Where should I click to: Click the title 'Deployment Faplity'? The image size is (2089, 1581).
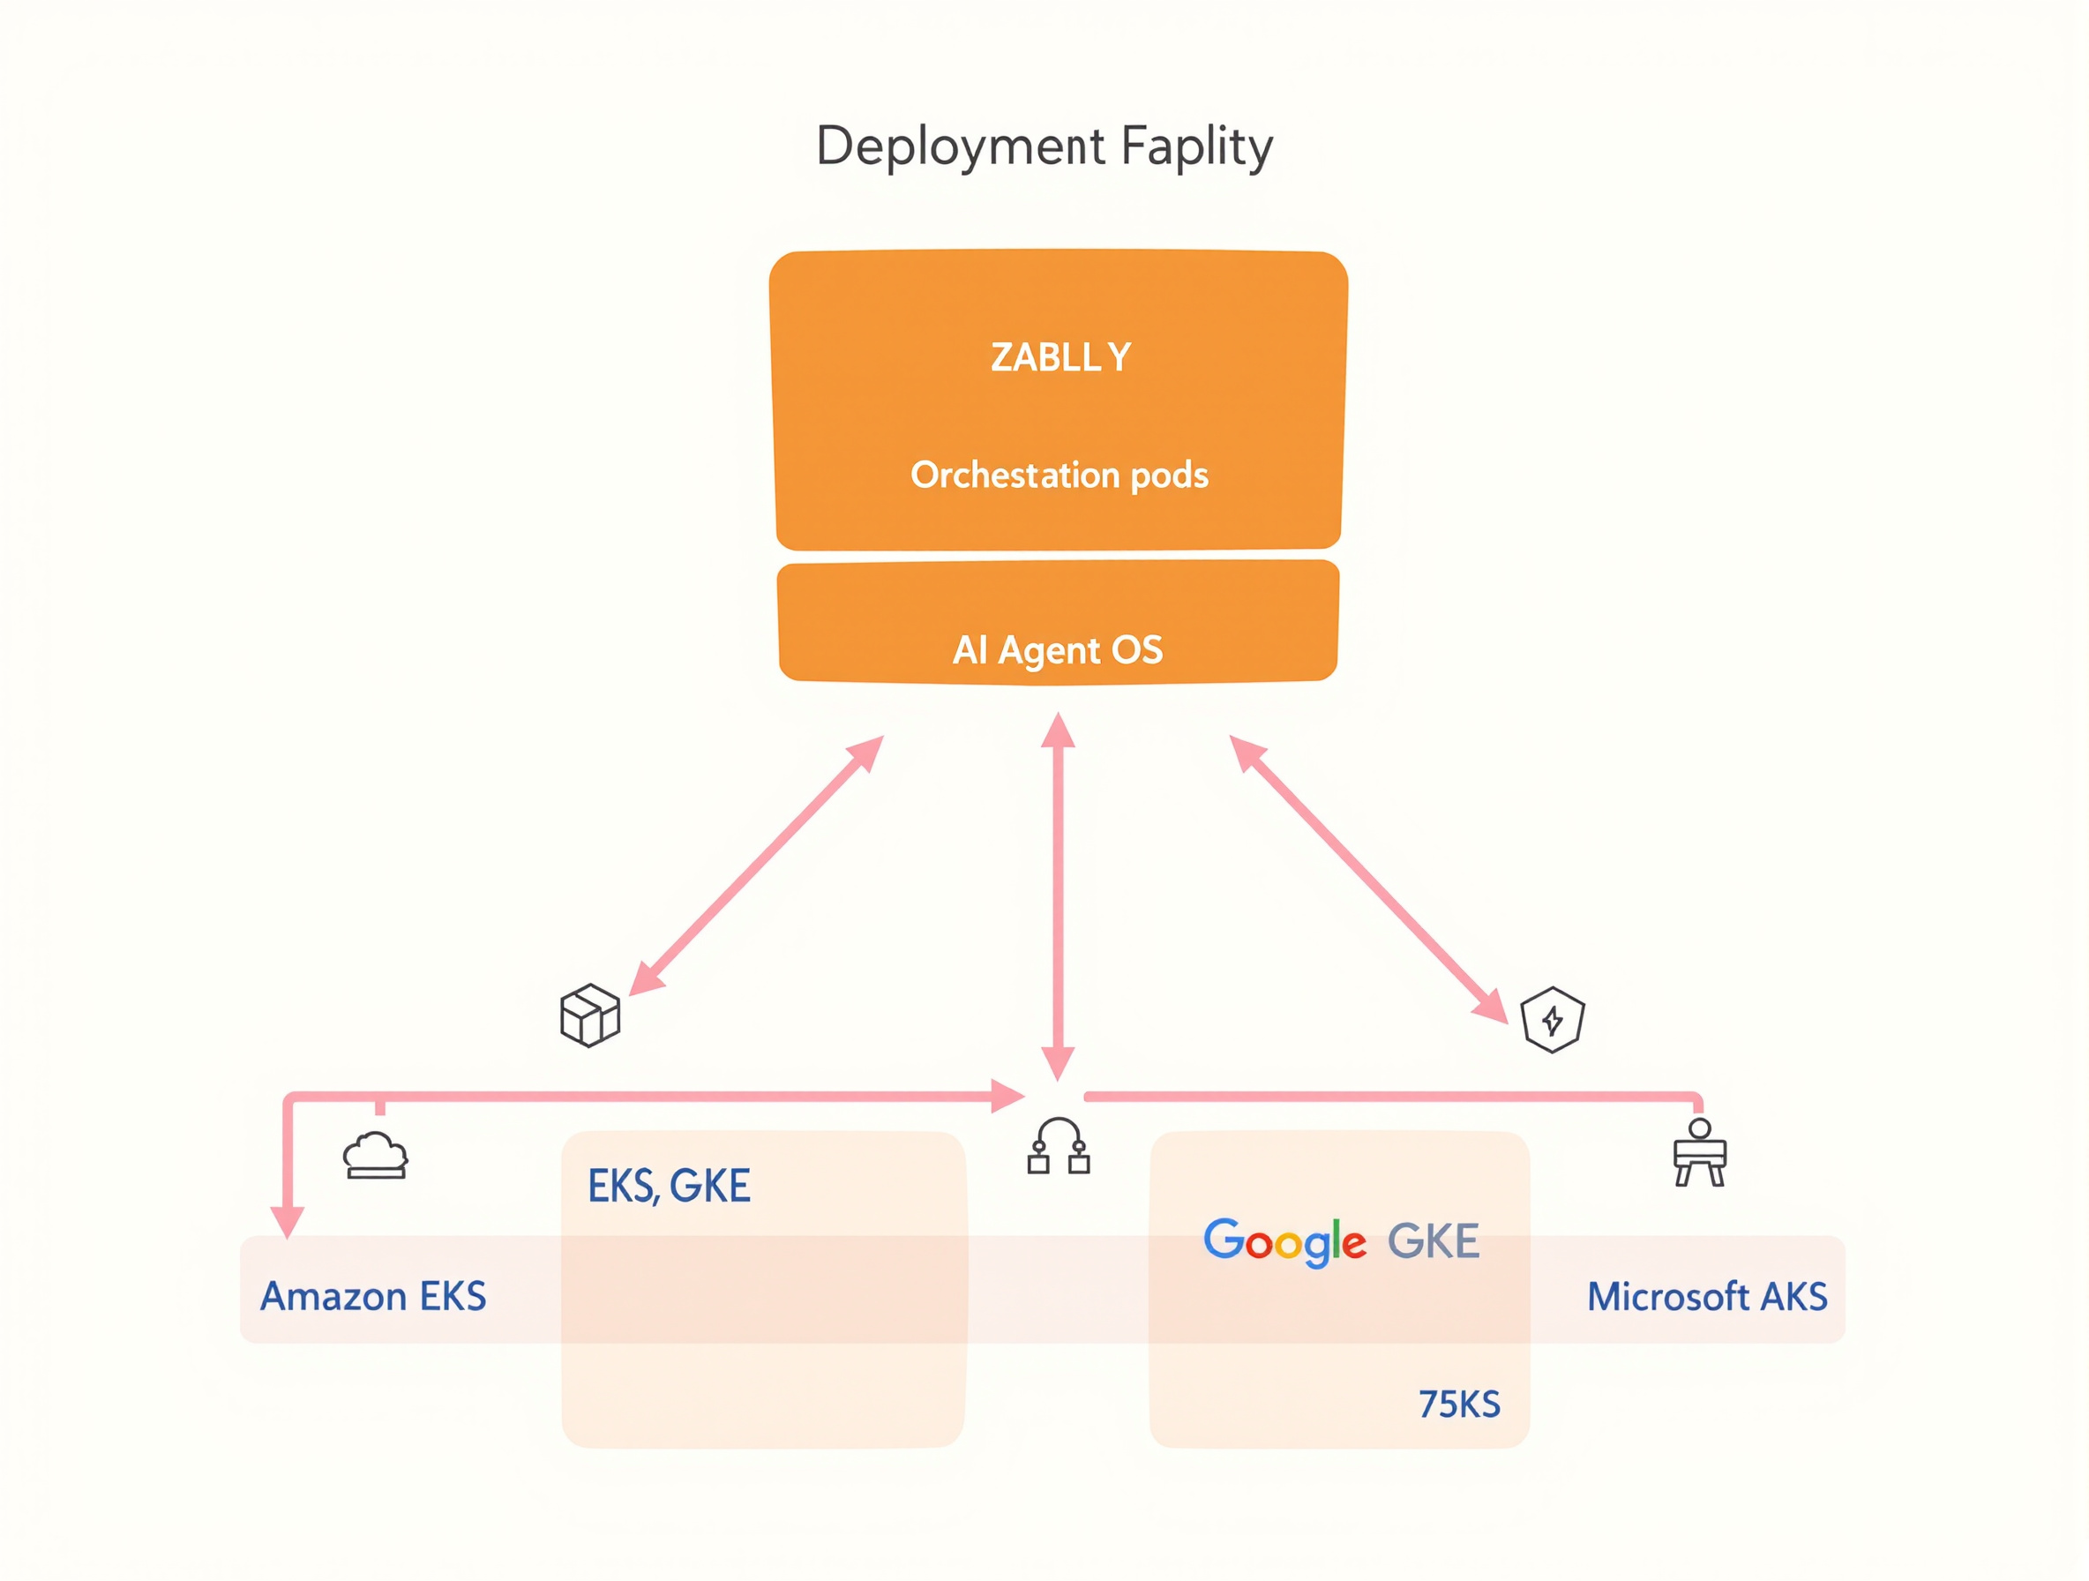[1044, 146]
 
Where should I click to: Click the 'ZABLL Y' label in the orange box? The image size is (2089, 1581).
[1059, 357]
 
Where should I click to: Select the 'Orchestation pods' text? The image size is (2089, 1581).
[1059, 474]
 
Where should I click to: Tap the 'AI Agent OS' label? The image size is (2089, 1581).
[1058, 649]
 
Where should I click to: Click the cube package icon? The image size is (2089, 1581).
[589, 1015]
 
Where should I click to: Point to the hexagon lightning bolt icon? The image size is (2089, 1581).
[1553, 1020]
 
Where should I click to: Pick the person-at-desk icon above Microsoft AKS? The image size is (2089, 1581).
[1699, 1152]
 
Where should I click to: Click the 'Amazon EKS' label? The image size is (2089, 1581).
[373, 1296]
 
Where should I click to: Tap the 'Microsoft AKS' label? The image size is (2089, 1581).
[1706, 1296]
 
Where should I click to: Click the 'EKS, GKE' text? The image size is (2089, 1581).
[669, 1185]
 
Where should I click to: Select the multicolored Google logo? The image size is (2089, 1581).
[1284, 1241]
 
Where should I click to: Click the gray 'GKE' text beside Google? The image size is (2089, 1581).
[1433, 1241]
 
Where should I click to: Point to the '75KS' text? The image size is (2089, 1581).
[1459, 1405]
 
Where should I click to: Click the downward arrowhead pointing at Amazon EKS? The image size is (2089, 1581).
[287, 1221]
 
